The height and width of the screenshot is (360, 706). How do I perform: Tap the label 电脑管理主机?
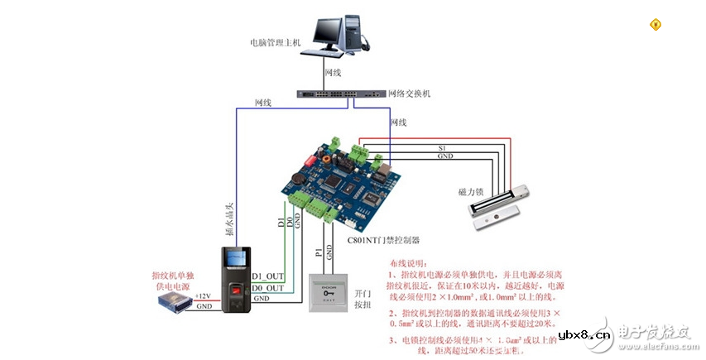point(275,41)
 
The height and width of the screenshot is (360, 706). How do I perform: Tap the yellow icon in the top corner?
point(656,24)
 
